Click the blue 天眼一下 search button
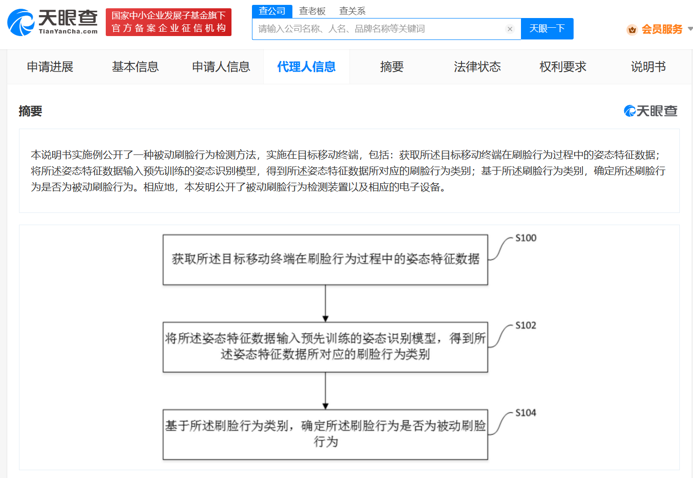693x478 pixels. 547,29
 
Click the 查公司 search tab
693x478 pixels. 272,11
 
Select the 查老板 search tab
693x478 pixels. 312,11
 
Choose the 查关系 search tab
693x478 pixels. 352,11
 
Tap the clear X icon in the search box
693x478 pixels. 510,29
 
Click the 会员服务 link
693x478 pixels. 662,29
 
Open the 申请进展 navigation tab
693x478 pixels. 50,67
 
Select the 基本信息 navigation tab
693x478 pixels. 135,67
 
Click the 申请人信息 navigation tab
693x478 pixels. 221,67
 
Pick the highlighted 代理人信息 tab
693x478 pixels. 306,67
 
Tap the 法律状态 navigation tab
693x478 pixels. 478,67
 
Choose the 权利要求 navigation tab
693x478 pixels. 563,67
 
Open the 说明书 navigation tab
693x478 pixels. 648,67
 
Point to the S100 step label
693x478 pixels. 526,238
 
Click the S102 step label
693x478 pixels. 526,325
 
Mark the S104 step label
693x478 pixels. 526,413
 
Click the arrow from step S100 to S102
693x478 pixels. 326,304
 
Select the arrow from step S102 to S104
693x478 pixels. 326,391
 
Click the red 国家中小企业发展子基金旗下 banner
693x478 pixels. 169,22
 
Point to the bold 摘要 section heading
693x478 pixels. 30,111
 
